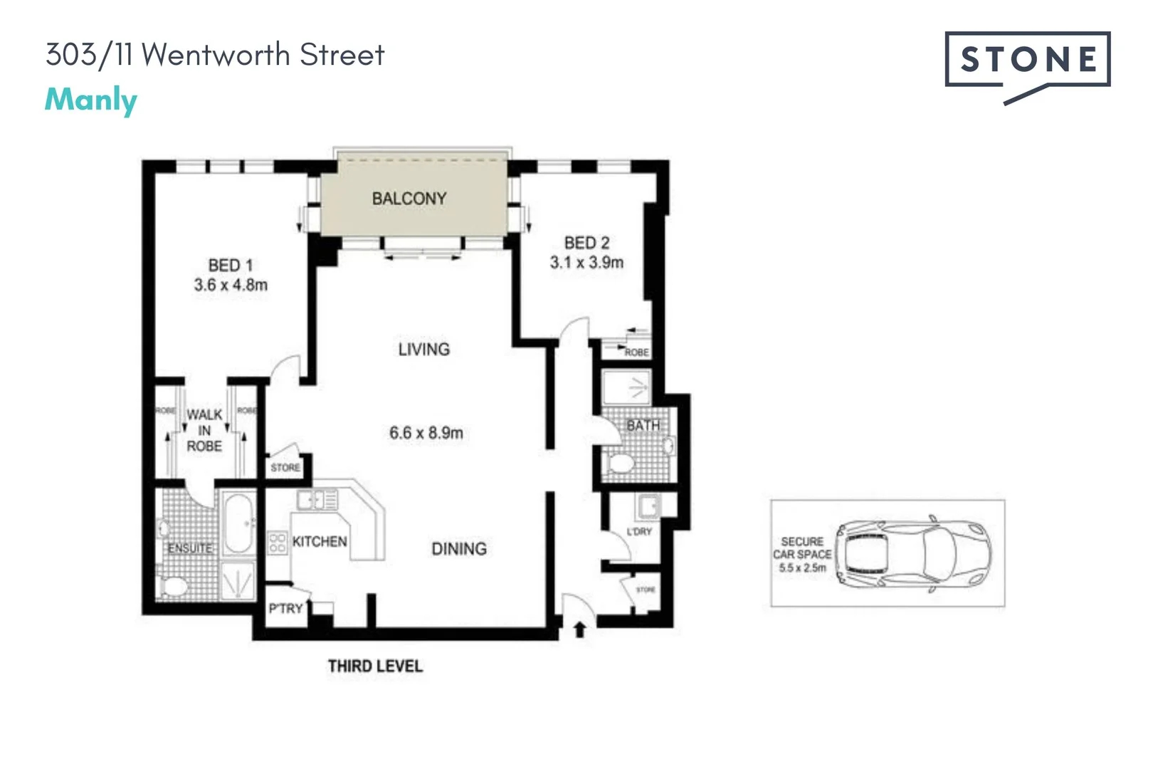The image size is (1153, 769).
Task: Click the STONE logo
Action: point(1027,61)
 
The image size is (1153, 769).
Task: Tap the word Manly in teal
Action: point(91,100)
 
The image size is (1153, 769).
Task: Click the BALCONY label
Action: point(409,199)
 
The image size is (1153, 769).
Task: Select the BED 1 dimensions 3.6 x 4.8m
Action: point(231,286)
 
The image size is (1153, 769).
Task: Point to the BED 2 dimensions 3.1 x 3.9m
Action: point(586,263)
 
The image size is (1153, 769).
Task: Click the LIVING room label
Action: point(424,350)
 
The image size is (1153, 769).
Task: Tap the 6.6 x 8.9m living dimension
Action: point(426,433)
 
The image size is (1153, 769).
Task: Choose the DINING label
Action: point(459,549)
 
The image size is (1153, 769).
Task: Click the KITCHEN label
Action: point(320,542)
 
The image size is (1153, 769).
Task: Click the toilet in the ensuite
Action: point(173,587)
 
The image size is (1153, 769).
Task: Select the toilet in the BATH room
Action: point(621,464)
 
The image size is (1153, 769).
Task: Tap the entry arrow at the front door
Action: point(579,629)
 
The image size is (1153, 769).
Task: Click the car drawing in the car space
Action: point(913,553)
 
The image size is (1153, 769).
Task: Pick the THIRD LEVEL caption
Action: point(375,666)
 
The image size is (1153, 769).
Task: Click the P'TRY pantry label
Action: point(285,609)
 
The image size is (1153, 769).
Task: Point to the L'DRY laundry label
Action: point(639,532)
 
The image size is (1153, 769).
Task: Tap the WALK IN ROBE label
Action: point(204,430)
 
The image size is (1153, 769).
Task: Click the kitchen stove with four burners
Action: point(278,543)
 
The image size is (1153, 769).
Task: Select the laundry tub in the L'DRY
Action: point(648,506)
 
